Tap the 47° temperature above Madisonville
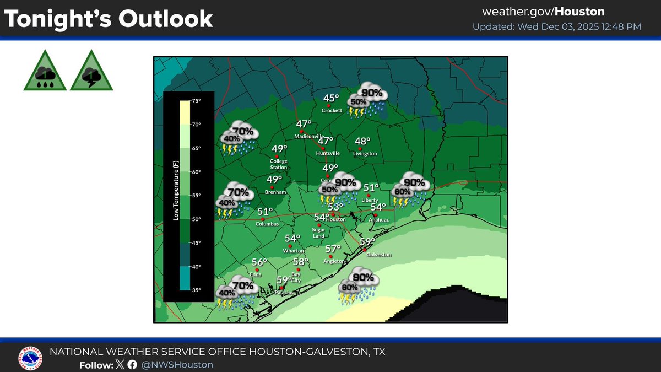pos(304,125)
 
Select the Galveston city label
pos(380,255)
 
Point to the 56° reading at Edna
pos(259,262)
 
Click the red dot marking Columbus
pos(262,219)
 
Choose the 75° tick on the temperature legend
pos(196,101)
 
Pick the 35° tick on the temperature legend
pos(196,290)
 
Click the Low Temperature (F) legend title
pos(176,195)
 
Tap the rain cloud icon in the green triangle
pos(45,72)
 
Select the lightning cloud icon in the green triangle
pos(91,72)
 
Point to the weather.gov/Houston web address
pos(543,12)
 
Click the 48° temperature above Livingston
pos(362,141)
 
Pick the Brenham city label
pos(275,192)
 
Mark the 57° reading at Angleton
pos(333,249)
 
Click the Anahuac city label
pos(379,219)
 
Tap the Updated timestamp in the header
pos(556,26)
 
